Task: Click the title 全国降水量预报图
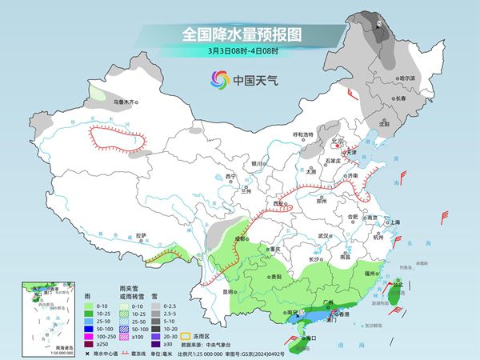239,34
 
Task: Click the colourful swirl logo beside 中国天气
218,80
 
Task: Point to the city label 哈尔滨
408,78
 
